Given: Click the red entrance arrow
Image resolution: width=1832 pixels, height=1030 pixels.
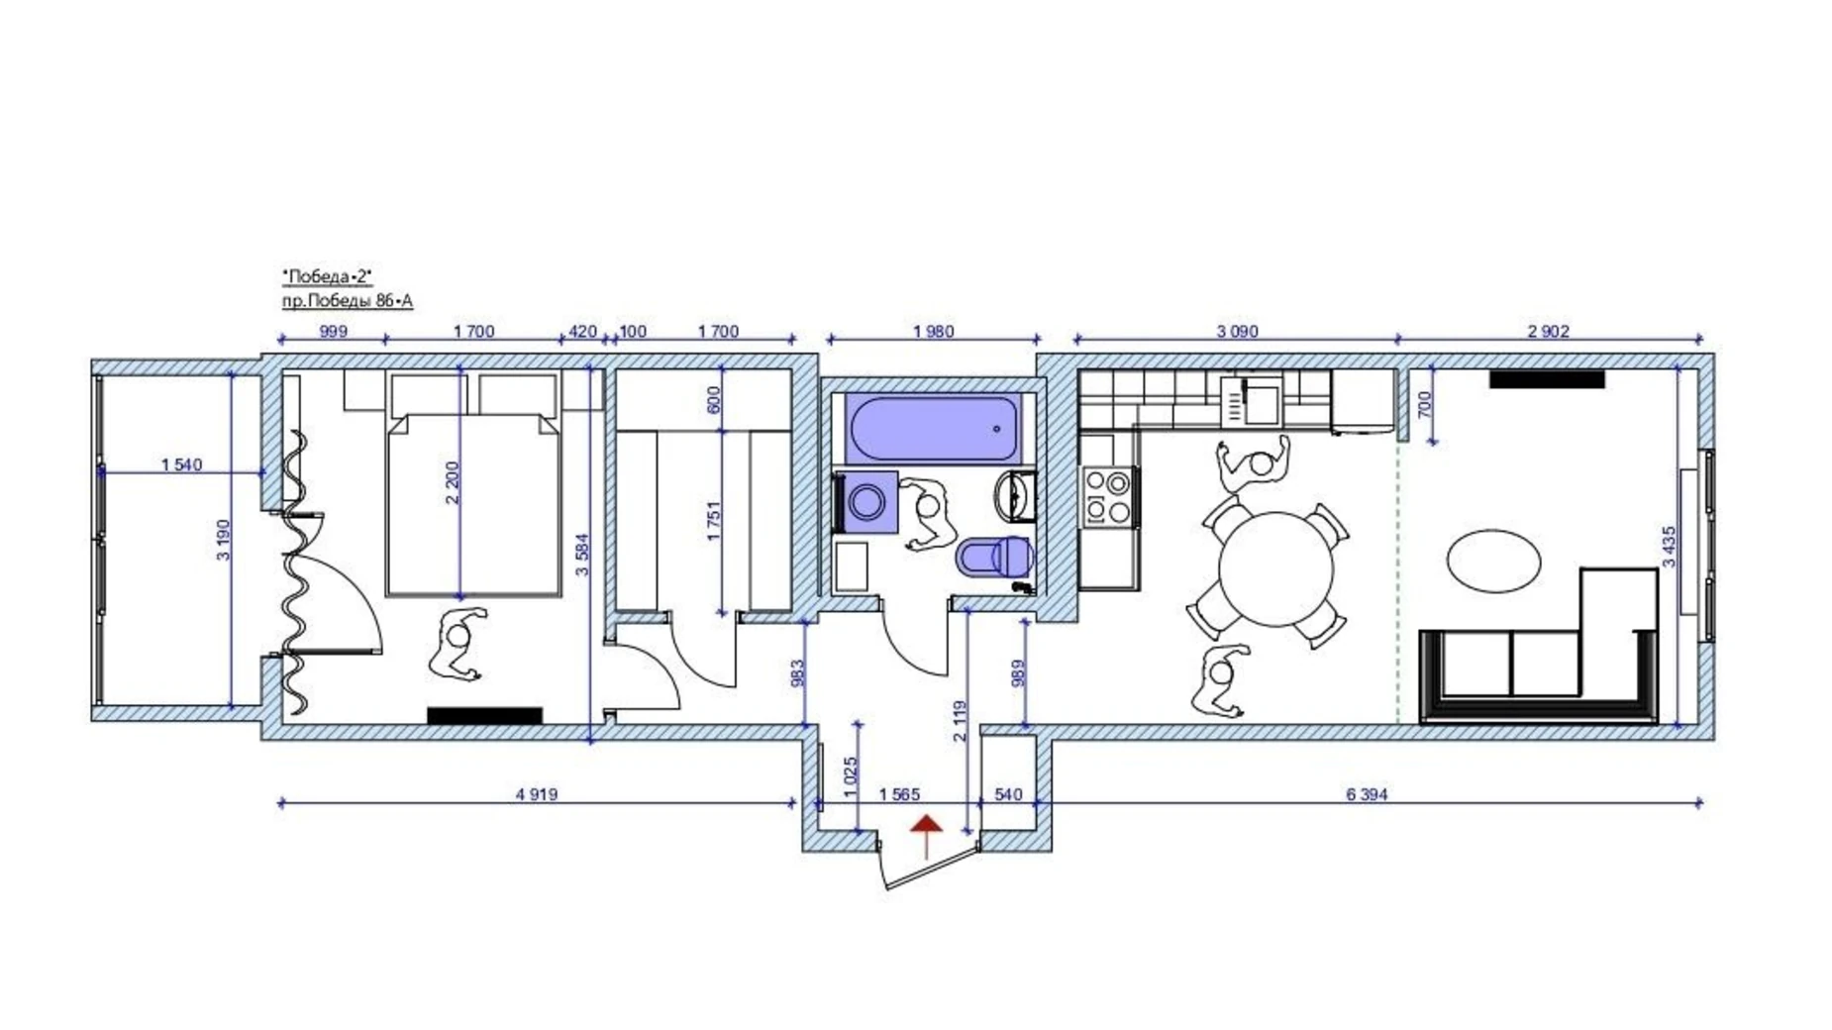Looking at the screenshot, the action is click(926, 835).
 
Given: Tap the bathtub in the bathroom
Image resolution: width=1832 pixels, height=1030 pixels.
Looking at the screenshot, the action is click(933, 428).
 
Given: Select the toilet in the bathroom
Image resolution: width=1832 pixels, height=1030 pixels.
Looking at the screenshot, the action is click(995, 557).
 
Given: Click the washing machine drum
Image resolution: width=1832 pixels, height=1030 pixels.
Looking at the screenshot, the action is click(867, 501).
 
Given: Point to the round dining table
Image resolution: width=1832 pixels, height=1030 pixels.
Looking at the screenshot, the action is click(1276, 568).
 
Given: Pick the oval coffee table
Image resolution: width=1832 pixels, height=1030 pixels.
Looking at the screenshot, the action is click(1493, 561).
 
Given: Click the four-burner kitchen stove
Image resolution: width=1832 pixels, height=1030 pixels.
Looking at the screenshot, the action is click(1106, 495).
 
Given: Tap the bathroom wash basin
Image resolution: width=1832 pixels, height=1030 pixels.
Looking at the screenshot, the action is click(1015, 495).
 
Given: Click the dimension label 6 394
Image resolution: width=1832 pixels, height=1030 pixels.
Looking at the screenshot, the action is click(1367, 794).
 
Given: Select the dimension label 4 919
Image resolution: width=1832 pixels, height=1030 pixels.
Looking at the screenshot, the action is click(536, 794).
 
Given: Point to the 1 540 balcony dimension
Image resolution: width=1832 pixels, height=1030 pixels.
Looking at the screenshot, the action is click(181, 464).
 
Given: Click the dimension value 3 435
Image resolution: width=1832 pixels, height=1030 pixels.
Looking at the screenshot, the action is click(1669, 547).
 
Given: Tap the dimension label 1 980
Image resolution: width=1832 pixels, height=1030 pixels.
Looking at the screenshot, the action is click(933, 332).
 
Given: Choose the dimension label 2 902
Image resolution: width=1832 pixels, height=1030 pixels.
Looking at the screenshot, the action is click(1548, 332).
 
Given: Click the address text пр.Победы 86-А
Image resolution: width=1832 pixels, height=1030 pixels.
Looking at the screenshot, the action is click(347, 301).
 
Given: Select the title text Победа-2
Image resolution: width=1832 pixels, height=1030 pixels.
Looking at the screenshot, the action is click(327, 276).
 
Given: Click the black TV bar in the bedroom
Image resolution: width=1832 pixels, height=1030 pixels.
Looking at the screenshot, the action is click(484, 715).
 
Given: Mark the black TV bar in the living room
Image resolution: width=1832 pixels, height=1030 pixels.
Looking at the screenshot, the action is click(1547, 379).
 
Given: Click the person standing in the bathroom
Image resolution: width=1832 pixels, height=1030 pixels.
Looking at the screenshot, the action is click(925, 513).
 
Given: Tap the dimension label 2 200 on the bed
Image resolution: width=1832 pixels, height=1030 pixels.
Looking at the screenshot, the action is click(453, 483).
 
